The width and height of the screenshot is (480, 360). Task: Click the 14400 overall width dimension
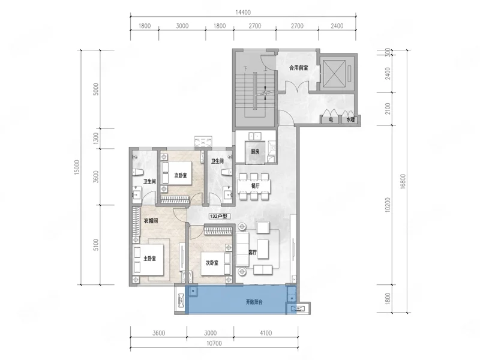point(243,13)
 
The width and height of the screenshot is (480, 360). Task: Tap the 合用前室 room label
point(298,68)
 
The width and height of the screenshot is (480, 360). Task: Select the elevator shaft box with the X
point(334,74)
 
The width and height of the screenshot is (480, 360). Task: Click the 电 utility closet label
point(331,119)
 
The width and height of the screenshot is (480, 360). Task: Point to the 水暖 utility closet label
point(350,119)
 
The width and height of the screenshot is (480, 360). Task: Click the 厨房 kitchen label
point(255,152)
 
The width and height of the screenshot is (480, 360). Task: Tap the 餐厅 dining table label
point(255,186)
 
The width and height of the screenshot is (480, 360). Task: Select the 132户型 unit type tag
point(218,216)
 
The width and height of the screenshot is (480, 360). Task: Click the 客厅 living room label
point(253,253)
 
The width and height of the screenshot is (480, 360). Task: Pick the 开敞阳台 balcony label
point(254,302)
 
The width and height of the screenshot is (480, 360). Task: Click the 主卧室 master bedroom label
point(149,259)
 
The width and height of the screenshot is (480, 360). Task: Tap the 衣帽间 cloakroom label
point(151,221)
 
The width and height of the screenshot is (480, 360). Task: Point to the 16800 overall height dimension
point(403,181)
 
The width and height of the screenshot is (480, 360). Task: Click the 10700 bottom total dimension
point(214,343)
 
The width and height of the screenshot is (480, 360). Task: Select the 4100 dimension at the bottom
point(265,333)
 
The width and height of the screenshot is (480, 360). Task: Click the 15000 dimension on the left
point(77,167)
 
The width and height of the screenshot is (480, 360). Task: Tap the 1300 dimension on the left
point(96,139)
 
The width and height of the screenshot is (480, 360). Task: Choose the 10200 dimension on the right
point(388,205)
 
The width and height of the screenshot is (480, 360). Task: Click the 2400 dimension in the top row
point(337,26)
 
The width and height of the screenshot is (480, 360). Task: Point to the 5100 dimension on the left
point(96,245)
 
